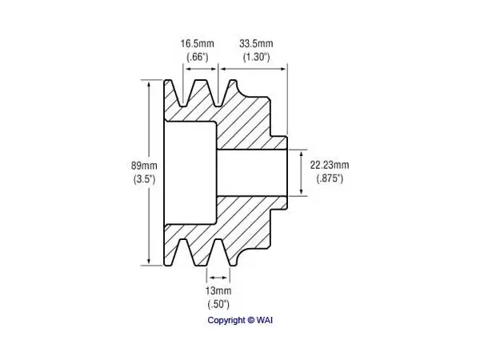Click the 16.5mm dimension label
click(197, 44)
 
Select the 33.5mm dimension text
click(256, 44)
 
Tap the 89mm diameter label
click(144, 166)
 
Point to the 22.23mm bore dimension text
click(330, 165)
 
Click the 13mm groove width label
click(218, 290)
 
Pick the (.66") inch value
click(198, 57)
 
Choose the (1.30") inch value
click(257, 57)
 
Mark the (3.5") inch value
click(145, 179)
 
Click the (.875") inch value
click(330, 178)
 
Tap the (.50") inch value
click(218, 304)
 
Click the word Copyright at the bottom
click(226, 321)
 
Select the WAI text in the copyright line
click(265, 320)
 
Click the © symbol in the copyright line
click(251, 320)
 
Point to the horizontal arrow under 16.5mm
click(201, 69)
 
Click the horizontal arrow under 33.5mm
click(253, 69)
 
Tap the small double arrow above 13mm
click(218, 278)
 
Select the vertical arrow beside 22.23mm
click(302, 173)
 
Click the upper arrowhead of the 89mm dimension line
click(149, 84)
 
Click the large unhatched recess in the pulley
click(190, 173)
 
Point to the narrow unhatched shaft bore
click(252, 173)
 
